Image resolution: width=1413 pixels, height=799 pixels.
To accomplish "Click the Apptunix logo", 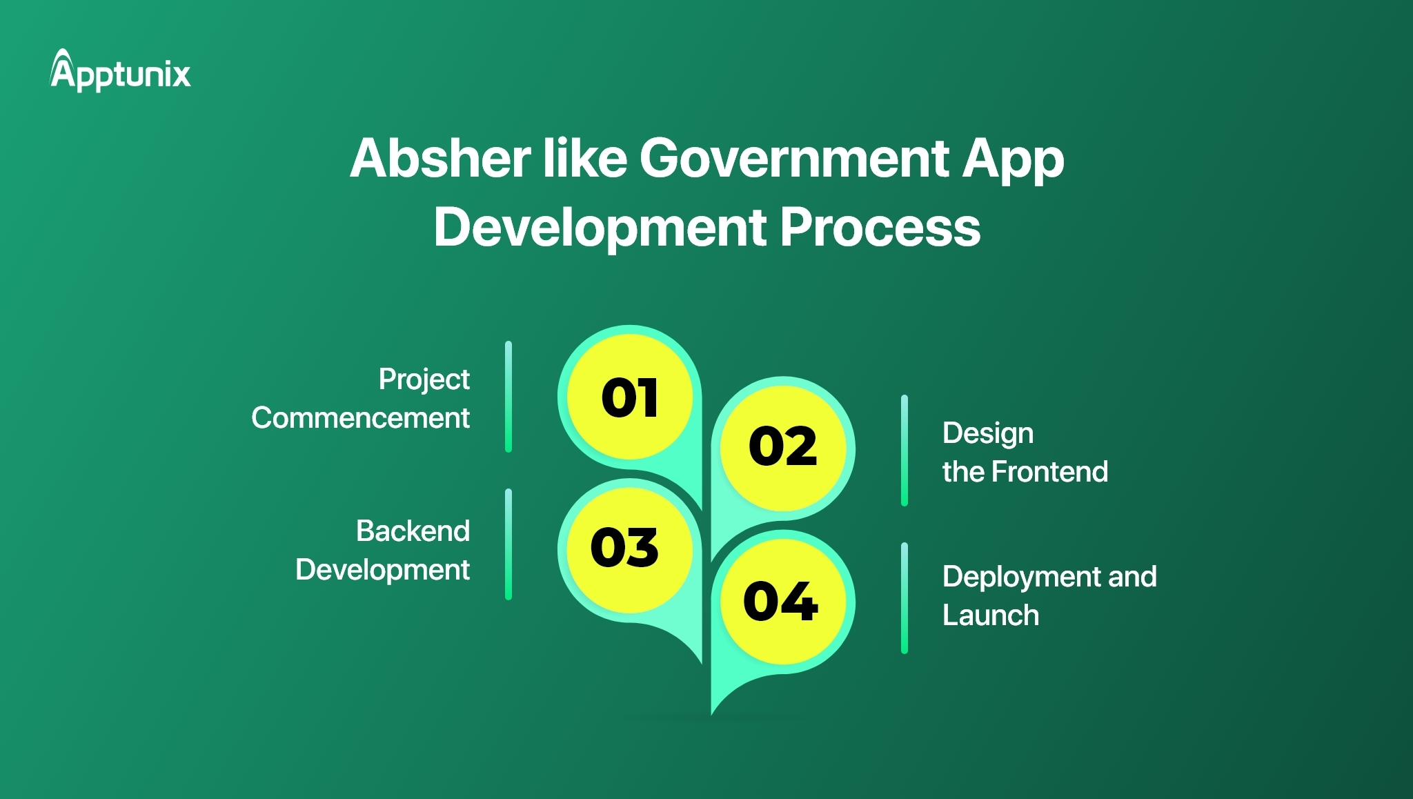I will coord(121,71).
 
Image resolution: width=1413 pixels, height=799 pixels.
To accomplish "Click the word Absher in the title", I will coord(439,159).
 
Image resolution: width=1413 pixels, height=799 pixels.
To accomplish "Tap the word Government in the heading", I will coord(793,159).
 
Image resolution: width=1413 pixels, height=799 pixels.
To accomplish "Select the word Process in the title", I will coord(880,228).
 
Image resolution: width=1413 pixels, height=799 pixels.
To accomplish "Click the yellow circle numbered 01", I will coord(629,397).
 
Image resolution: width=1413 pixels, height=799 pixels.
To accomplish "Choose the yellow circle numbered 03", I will coord(625,548).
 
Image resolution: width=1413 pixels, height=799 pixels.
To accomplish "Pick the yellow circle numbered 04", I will coord(781,601).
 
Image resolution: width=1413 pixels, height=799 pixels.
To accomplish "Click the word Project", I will coord(424,379).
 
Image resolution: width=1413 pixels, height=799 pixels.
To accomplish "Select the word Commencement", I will coord(360,418).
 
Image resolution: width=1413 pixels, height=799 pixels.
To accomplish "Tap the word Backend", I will coord(413,531).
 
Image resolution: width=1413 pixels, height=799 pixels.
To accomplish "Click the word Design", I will coord(988,434).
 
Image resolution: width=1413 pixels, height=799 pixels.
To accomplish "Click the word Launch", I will coord(991,615).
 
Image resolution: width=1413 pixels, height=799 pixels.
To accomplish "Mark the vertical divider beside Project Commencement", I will coord(508,397).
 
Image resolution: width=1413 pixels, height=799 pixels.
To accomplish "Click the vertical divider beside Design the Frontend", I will coord(905,451).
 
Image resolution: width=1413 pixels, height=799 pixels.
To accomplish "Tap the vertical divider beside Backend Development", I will coord(508,544).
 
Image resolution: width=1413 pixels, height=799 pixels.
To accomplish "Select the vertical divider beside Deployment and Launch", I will coord(905,598).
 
